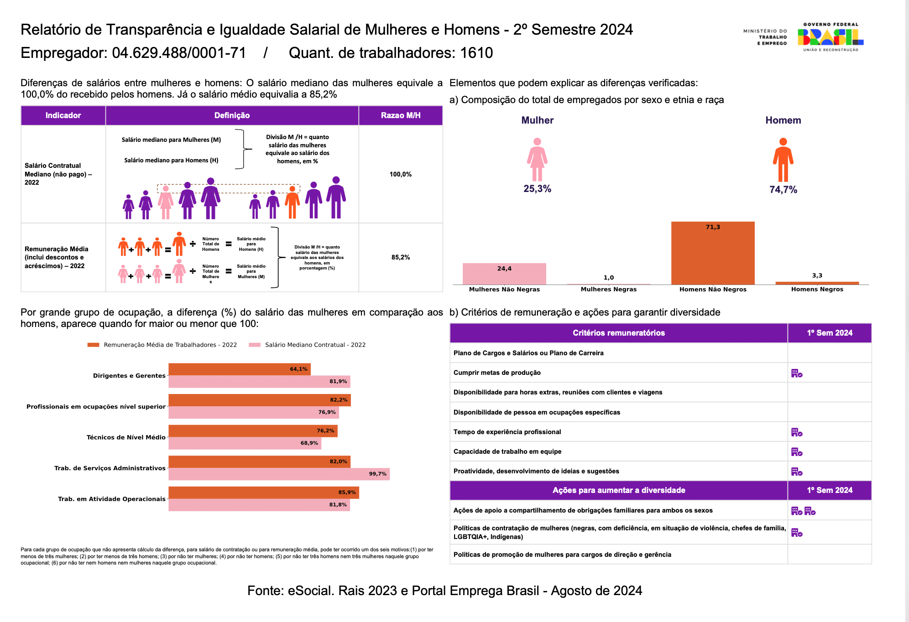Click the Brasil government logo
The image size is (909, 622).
pos(831,37)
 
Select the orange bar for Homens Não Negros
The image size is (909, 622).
pos(713,253)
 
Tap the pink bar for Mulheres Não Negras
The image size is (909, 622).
pos(504,274)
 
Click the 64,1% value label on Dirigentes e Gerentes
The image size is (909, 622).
pos(298,369)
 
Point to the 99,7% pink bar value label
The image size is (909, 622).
pos(377,474)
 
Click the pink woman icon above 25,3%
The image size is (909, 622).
pos(537,160)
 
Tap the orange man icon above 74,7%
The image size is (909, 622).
pos(783,160)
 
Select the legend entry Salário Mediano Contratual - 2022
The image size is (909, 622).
pos(307,345)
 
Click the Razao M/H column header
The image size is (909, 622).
pos(401,115)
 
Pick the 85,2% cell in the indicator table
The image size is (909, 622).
pos(401,257)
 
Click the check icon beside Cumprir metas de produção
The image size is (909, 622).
pos(797,373)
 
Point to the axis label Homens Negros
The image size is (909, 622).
pos(817,289)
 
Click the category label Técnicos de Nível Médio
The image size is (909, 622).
pos(126,437)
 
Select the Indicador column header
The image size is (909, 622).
pos(63,115)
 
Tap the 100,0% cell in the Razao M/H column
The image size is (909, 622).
pos(401,174)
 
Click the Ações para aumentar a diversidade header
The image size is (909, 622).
pos(619,490)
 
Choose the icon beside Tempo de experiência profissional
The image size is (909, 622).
pos(797,432)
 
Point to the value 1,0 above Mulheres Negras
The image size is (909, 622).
pos(609,278)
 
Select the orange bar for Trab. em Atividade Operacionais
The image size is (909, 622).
pos(264,492)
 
